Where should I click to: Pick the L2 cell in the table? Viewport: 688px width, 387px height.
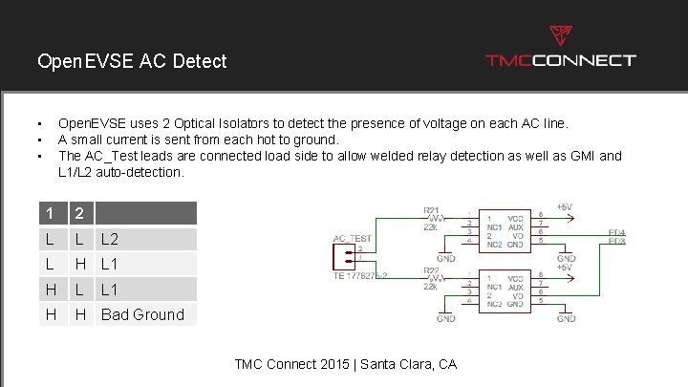click(x=111, y=239)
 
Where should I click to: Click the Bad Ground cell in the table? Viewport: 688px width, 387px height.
click(x=142, y=314)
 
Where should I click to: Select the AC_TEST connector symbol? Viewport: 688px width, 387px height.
click(x=339, y=254)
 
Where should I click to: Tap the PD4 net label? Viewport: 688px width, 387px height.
click(x=617, y=232)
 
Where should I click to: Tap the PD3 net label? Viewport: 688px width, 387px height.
click(x=617, y=241)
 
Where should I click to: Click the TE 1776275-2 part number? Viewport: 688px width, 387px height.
click(x=361, y=274)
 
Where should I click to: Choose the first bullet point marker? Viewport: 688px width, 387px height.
click(x=40, y=124)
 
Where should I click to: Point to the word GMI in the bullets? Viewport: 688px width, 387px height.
click(x=579, y=156)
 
